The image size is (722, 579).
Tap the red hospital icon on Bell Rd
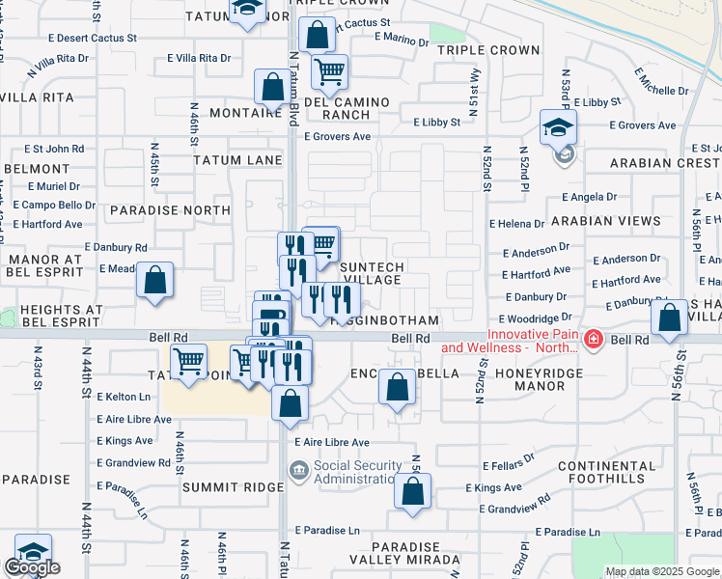(x=593, y=339)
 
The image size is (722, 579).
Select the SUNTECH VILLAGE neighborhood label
(x=370, y=273)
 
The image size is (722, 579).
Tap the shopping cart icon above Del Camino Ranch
(x=330, y=70)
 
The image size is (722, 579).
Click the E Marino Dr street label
(x=399, y=41)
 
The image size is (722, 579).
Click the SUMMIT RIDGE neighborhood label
(x=233, y=487)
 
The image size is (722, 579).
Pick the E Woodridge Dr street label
(x=535, y=317)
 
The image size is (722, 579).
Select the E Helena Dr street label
(x=516, y=224)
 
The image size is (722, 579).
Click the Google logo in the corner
(x=32, y=567)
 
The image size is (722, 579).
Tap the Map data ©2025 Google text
(x=662, y=571)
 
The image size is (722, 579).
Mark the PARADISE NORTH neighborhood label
(x=163, y=209)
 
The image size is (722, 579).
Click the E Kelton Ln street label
(x=125, y=397)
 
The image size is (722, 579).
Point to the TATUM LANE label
(x=236, y=160)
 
